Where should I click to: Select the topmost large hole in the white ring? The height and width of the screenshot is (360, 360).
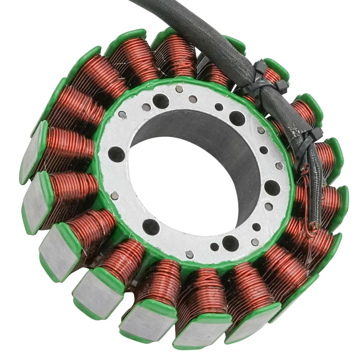pyautogui.click(x=160, y=101)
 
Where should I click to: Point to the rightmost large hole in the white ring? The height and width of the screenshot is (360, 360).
pyautogui.click(x=272, y=187)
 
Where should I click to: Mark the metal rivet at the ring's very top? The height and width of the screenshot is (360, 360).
pyautogui.click(x=179, y=89)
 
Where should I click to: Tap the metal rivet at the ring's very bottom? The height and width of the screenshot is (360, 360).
pyautogui.click(x=190, y=254)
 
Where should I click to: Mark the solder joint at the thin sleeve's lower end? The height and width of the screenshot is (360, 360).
pyautogui.click(x=316, y=225)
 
